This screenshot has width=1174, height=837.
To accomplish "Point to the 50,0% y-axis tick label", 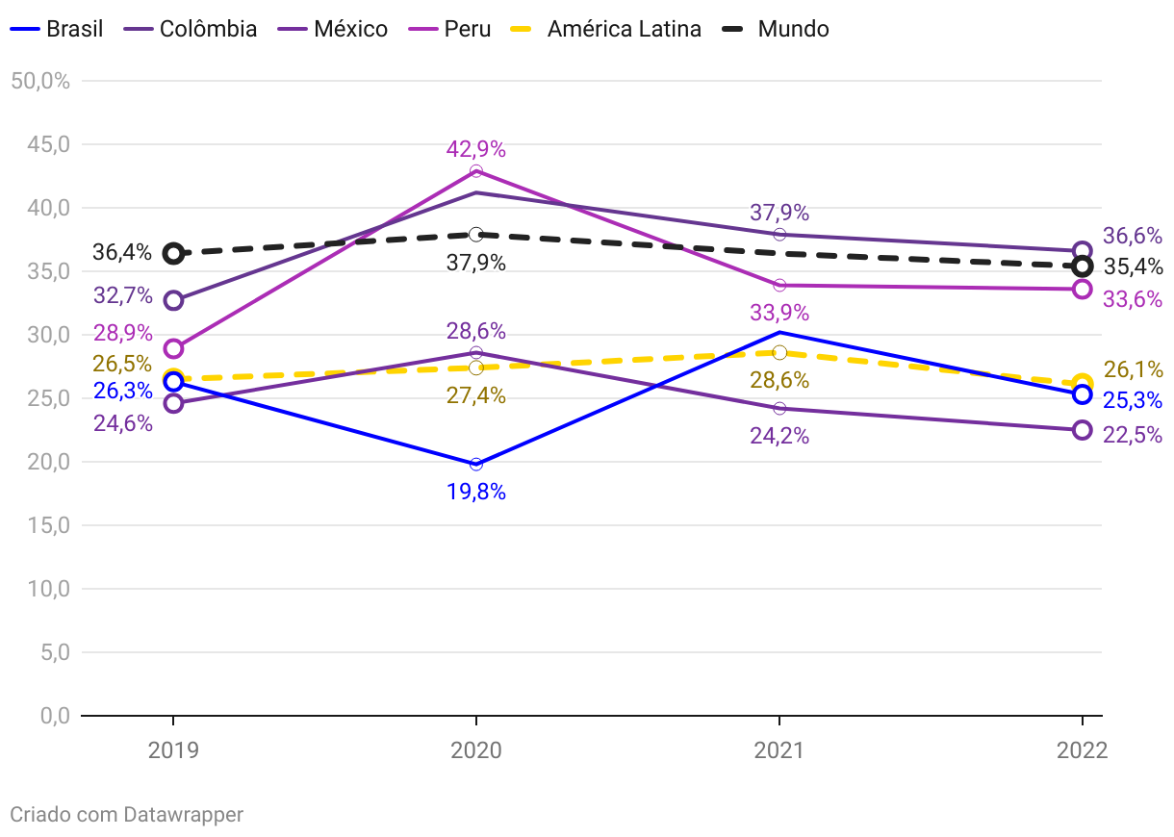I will point(40,81).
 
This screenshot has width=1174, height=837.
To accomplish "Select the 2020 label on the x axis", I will point(476,750).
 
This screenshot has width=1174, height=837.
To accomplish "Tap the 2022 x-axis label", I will point(1082,750).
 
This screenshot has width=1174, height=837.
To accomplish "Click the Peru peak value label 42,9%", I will point(475,149).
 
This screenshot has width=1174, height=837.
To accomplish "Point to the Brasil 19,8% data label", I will point(475,493).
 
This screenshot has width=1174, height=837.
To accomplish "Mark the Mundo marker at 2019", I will point(173,254).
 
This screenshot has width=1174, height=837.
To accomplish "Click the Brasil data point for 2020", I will point(476,465).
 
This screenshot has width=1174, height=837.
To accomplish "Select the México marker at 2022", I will point(1082,430).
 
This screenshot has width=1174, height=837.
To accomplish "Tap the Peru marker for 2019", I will point(173,348).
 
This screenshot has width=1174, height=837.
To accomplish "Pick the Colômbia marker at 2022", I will point(1082,251).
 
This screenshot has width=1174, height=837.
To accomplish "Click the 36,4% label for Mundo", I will point(122,253).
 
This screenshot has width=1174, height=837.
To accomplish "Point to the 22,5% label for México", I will point(1133,435).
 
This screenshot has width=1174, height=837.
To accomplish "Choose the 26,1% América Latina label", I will point(1133,369).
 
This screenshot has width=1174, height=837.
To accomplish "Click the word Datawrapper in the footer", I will point(183,815).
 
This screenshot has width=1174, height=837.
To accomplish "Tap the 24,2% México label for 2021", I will point(779,436).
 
